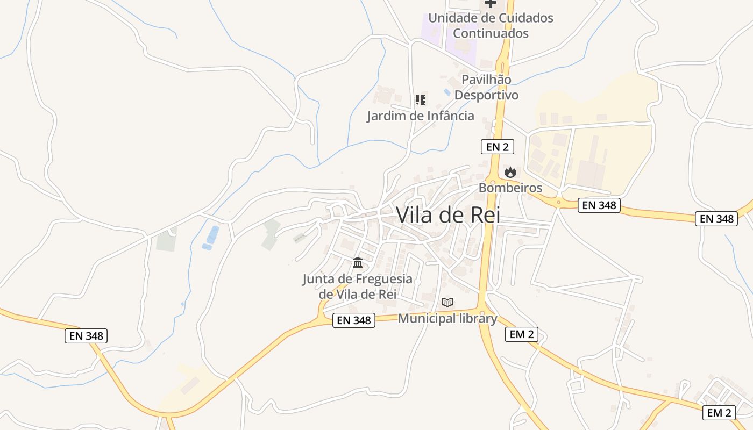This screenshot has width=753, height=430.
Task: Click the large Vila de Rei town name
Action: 448,215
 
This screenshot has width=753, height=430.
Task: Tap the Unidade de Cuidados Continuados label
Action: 491,25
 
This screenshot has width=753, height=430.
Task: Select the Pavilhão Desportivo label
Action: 486,87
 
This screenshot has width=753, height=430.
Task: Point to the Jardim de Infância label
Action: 421,116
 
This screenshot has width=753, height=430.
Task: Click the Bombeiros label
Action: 510,188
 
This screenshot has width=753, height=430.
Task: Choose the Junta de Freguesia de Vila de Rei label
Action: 358,286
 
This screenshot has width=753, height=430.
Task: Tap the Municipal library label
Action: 447,318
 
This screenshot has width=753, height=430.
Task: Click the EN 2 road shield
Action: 498,146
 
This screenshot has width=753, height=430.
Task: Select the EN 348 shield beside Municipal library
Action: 353,320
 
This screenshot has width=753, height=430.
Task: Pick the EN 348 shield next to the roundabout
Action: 599,205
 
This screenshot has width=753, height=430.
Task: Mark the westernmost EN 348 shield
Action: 87,336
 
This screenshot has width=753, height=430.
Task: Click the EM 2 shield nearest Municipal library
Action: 521,334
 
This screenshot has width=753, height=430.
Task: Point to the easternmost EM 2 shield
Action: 719,413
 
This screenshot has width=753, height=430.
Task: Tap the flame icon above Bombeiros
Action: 510,172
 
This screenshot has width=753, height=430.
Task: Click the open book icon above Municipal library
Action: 447,302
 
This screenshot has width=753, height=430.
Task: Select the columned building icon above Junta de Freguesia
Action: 358,263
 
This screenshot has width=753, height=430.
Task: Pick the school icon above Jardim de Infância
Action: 421,99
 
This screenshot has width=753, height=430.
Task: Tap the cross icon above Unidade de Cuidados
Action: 490,3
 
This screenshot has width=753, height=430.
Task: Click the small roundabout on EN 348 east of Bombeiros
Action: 559,203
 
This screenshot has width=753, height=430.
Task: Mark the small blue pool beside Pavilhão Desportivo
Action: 447,92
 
